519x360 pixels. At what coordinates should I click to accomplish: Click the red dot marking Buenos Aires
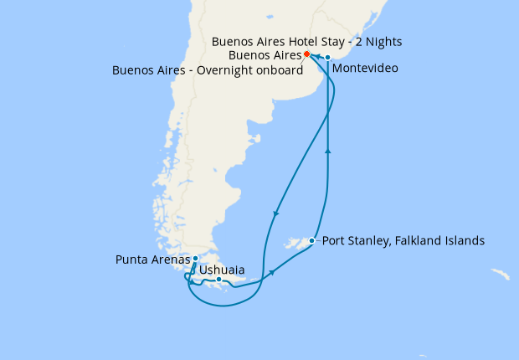[x=307, y=54]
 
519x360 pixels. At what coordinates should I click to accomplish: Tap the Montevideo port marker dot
[x=328, y=58]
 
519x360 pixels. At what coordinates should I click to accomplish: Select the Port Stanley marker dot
[x=311, y=240]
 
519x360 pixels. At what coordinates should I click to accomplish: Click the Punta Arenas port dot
[x=195, y=259]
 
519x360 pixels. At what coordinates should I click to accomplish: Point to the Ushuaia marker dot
[x=218, y=280]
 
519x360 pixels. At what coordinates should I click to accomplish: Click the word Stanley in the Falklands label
[x=374, y=240]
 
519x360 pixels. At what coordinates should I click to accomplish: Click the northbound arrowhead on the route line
[x=327, y=152]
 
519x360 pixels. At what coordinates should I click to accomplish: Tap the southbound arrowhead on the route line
[x=275, y=215]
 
